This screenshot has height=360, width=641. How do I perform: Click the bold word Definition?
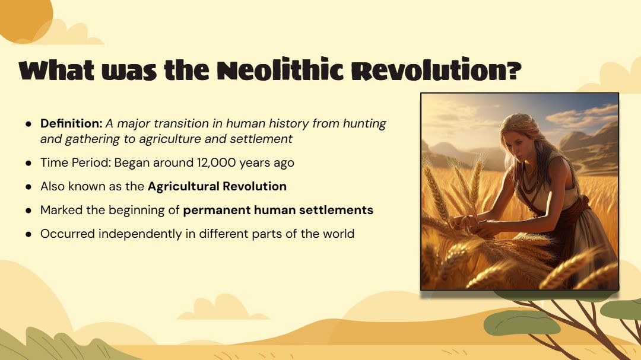click(x=71, y=123)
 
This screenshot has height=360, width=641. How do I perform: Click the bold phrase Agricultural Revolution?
click(x=217, y=186)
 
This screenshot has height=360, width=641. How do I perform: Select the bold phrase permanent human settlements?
click(x=278, y=211)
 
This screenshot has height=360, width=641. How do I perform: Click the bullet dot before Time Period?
click(x=28, y=163)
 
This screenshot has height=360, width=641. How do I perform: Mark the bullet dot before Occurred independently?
click(x=28, y=234)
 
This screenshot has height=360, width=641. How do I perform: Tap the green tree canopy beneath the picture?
click(x=522, y=323)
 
